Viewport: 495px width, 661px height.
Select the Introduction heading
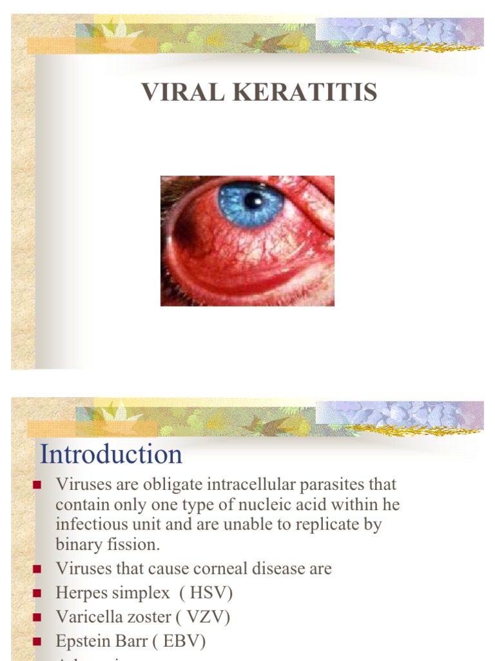(111, 454)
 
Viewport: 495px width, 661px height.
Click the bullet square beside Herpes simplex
(37, 593)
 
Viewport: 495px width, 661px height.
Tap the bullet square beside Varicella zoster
(37, 617)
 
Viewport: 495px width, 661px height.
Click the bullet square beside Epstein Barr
(37, 641)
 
